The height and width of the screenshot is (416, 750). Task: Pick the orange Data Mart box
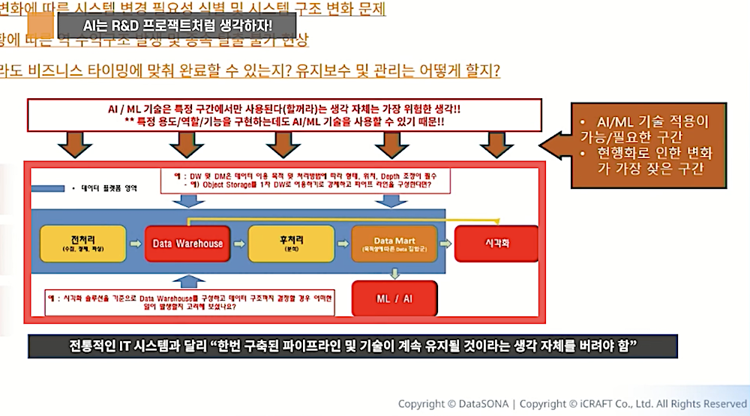394,244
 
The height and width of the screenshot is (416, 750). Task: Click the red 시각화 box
496,244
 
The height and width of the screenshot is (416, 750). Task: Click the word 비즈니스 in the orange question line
66,70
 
